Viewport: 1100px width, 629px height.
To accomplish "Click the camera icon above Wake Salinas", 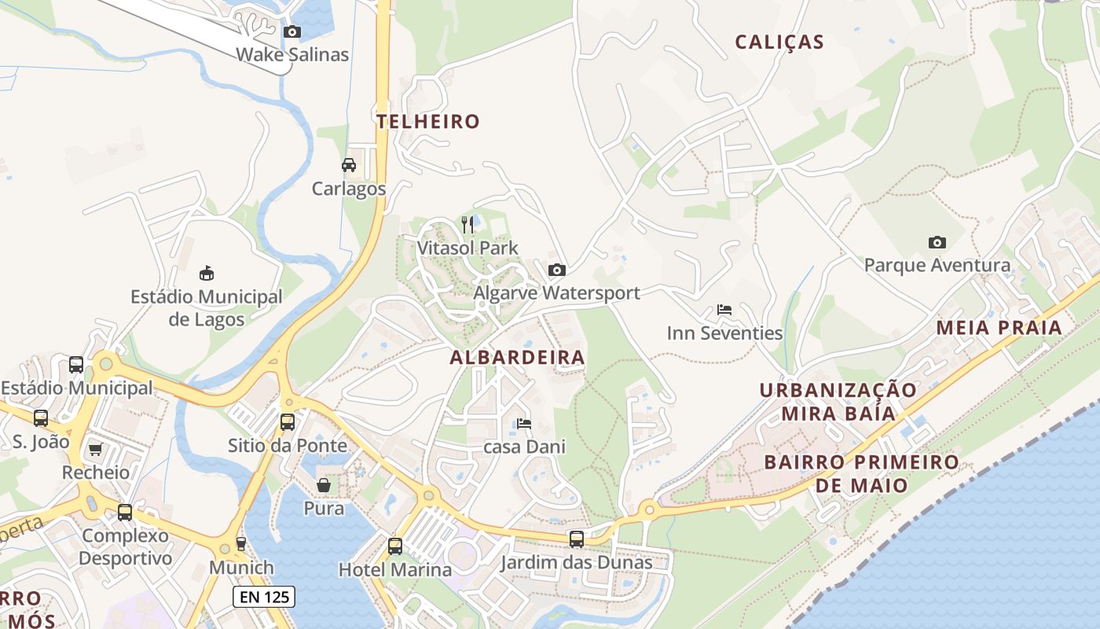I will pos(292,31).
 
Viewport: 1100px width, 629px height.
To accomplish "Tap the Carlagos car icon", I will pos(349,165).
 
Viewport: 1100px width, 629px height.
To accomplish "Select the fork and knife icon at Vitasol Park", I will pos(467,225).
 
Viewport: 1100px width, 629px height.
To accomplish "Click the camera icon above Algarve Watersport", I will pos(556,270).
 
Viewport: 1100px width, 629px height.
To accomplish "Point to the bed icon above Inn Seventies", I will pos(724,310).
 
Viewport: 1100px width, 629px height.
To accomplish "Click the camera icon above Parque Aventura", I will pos(937,242).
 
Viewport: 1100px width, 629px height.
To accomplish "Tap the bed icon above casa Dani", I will pos(524,424).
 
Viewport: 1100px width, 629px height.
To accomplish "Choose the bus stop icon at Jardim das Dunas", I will pos(577,539).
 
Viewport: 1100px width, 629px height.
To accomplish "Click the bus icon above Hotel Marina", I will pos(394,546).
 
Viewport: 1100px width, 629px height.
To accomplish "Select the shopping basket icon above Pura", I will pos(324,484).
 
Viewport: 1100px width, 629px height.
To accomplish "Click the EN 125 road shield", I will pos(264,597).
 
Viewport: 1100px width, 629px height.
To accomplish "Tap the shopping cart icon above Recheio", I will pos(96,450).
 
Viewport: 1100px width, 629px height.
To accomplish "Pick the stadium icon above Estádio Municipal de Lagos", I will pos(206,273).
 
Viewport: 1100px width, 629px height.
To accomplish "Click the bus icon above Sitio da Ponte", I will pos(288,422).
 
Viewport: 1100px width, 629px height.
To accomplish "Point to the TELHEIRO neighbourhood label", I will pos(427,122).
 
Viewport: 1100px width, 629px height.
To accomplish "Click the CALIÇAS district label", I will pos(779,42).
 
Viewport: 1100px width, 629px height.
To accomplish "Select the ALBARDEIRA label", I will pos(517,358).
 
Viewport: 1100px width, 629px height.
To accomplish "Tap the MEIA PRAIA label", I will pos(999,328).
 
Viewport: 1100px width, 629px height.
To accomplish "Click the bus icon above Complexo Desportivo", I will pos(125,513).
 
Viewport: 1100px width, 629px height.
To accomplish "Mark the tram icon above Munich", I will pos(241,544).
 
